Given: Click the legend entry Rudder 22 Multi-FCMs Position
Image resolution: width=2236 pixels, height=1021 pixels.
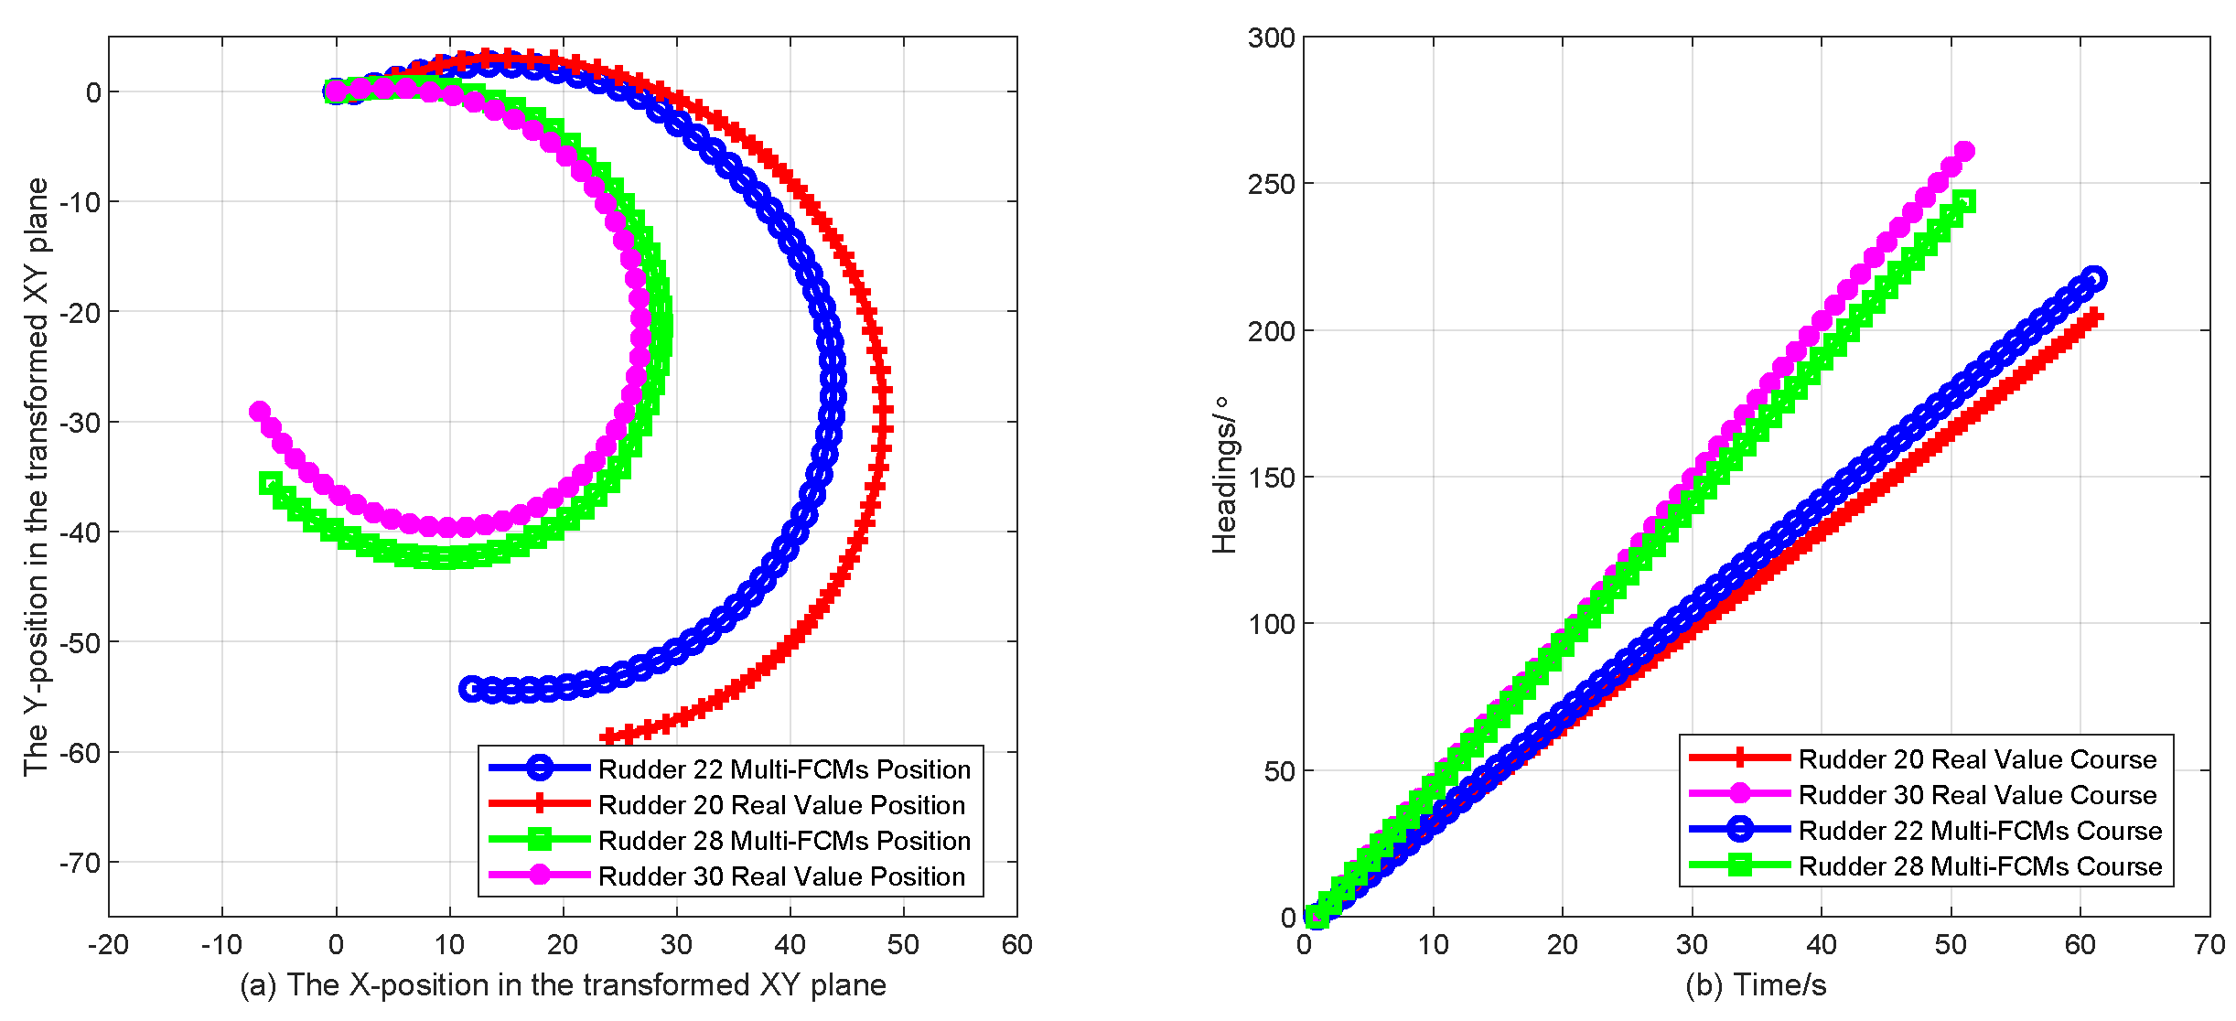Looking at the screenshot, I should pyautogui.click(x=784, y=768).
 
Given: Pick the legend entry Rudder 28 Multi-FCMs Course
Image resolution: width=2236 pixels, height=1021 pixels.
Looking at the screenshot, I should pyautogui.click(x=1980, y=865).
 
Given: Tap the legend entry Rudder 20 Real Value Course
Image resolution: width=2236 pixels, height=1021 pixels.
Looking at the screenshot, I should pyautogui.click(x=1977, y=758).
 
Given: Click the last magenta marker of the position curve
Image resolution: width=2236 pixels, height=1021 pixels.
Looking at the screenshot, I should pyautogui.click(x=260, y=412).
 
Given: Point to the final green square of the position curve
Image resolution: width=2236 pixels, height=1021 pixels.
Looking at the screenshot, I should pyautogui.click(x=270, y=483).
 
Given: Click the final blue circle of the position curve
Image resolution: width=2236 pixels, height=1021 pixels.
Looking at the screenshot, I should pyautogui.click(x=471, y=689).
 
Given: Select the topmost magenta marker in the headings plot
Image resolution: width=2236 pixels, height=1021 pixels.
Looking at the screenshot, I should pyautogui.click(x=1963, y=151).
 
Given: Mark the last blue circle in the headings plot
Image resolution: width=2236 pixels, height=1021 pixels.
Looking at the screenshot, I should pyautogui.click(x=2094, y=278).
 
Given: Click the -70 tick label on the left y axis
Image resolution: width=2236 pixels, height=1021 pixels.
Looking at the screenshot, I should pyautogui.click(x=81, y=862).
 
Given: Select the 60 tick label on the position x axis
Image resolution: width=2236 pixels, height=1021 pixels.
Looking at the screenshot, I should pyautogui.click(x=1016, y=944).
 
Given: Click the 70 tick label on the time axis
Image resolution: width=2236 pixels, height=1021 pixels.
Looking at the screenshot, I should pyautogui.click(x=2209, y=944).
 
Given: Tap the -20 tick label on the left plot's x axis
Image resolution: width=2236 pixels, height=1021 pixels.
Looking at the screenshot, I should pyautogui.click(x=108, y=944).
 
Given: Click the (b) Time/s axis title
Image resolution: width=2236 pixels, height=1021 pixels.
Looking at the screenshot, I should pyautogui.click(x=1756, y=984).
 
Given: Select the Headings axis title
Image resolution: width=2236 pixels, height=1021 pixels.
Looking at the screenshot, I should pyautogui.click(x=1224, y=476).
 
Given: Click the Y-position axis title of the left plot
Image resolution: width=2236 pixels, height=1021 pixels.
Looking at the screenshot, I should pyautogui.click(x=36, y=476).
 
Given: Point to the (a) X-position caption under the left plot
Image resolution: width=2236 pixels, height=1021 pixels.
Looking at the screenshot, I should pyautogui.click(x=563, y=984).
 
